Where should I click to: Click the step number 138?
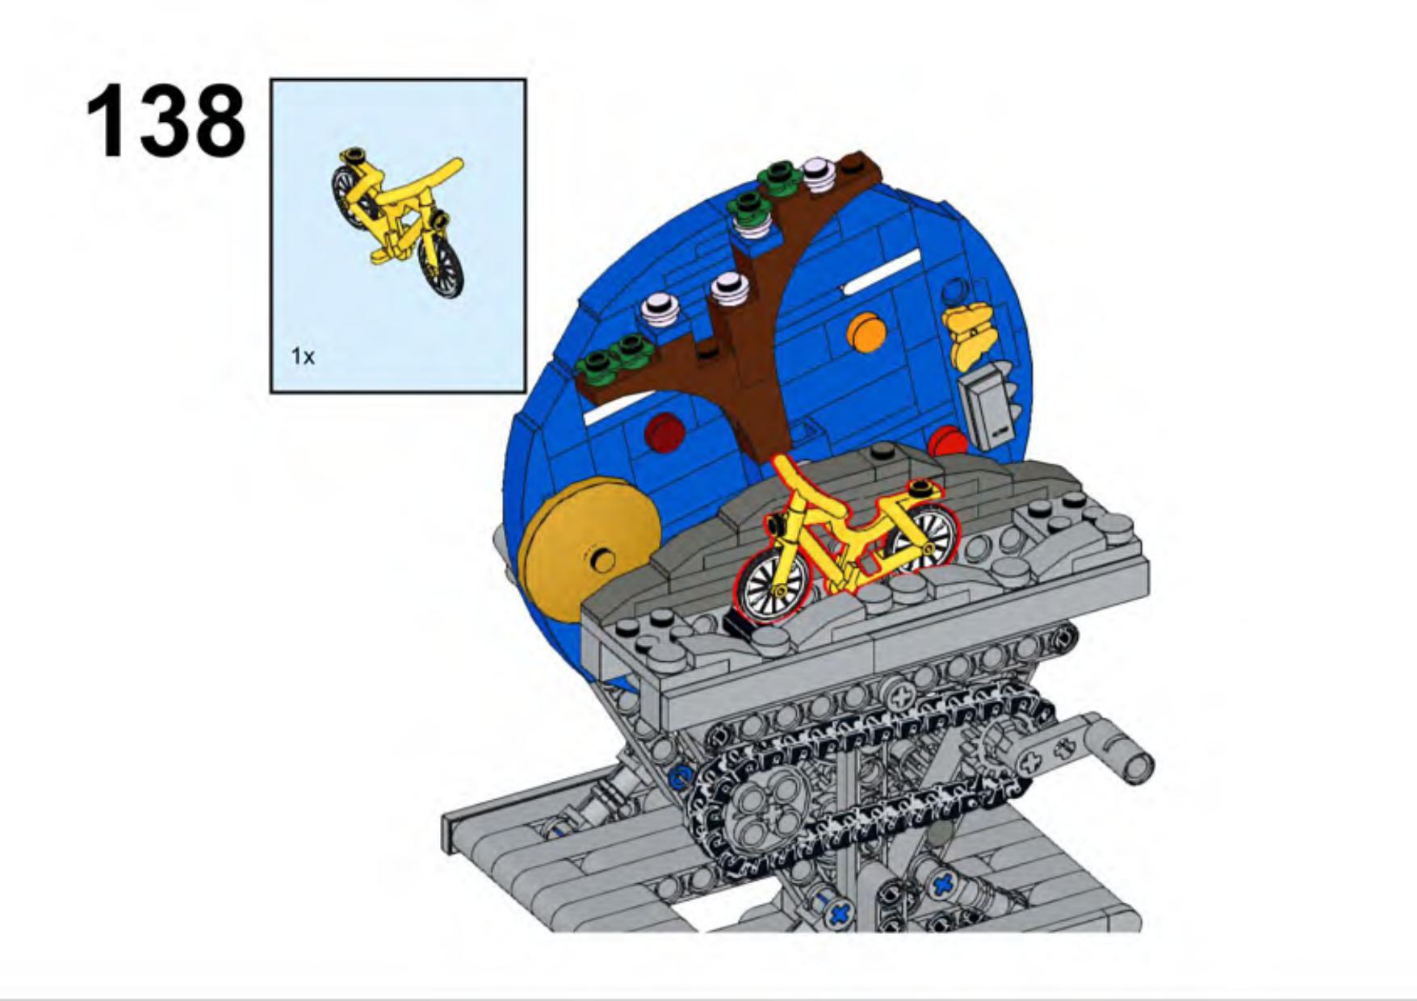click(x=166, y=121)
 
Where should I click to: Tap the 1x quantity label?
click(x=303, y=356)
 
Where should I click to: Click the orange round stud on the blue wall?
click(x=866, y=332)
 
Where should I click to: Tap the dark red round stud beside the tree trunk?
click(x=664, y=433)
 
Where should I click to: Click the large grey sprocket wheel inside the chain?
click(x=763, y=810)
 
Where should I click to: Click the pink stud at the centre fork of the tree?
click(x=729, y=288)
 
